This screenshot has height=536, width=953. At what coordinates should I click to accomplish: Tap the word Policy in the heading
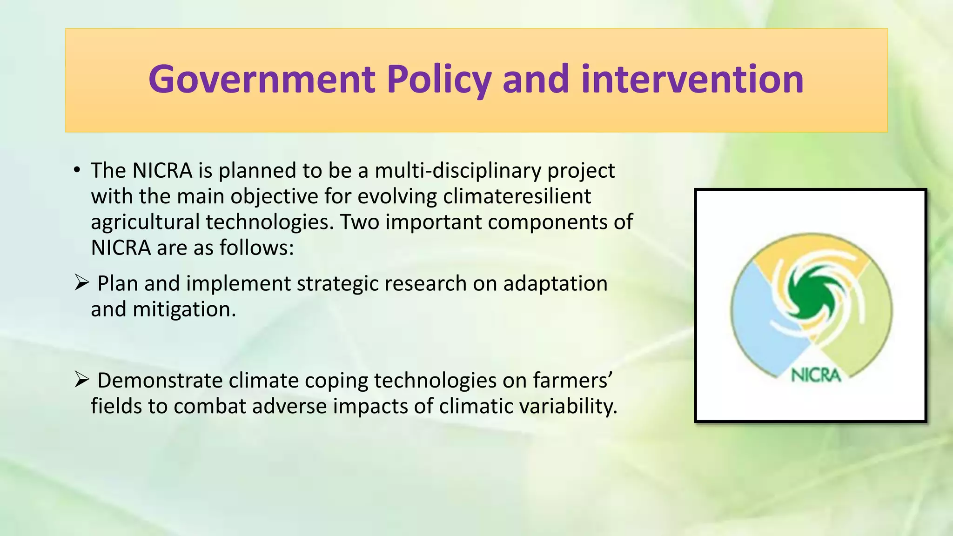(438, 79)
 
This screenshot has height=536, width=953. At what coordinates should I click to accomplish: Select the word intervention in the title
(692, 79)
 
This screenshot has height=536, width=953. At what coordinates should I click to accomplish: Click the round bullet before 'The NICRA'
(77, 169)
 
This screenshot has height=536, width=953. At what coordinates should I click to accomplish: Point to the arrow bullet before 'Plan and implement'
(81, 282)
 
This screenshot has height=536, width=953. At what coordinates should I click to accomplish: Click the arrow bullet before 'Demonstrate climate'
(81, 380)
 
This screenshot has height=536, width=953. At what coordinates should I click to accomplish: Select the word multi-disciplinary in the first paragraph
(458, 171)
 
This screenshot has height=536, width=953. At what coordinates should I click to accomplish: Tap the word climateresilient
(517, 196)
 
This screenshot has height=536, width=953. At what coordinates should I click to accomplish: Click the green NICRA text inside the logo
(816, 375)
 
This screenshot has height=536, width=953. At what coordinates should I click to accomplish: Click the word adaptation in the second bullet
(555, 283)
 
